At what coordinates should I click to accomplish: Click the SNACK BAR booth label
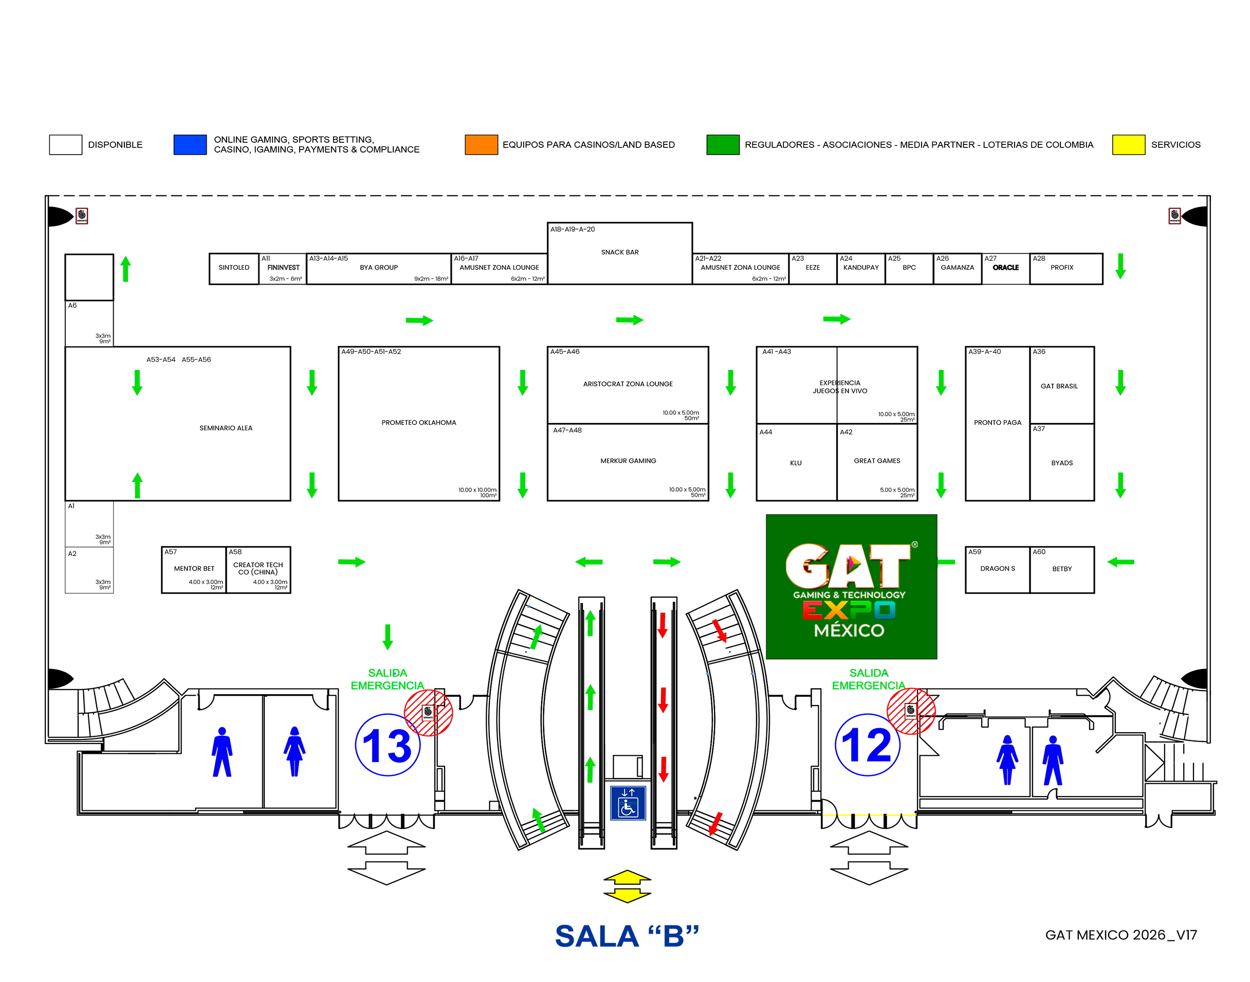(x=619, y=252)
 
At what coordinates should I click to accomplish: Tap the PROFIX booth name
(x=1061, y=267)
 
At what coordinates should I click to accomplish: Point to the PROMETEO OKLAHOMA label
(x=418, y=422)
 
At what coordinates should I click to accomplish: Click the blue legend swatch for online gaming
(x=190, y=144)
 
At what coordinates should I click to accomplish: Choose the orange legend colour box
(x=481, y=144)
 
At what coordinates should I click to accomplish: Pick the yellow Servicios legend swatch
(x=1128, y=144)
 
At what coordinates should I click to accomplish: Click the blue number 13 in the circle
(x=387, y=746)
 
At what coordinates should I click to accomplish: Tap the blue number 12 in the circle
(x=867, y=745)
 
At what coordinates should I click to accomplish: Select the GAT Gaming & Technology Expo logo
(x=851, y=586)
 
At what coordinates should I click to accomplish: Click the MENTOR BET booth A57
(x=194, y=570)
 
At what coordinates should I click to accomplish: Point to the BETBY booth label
(x=1061, y=569)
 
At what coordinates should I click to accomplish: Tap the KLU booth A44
(x=796, y=463)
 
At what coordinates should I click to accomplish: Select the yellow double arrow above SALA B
(x=627, y=886)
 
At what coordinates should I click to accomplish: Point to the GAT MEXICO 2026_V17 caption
(x=1120, y=935)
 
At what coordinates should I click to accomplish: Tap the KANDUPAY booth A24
(x=861, y=269)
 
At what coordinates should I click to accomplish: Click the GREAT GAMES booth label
(x=877, y=460)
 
